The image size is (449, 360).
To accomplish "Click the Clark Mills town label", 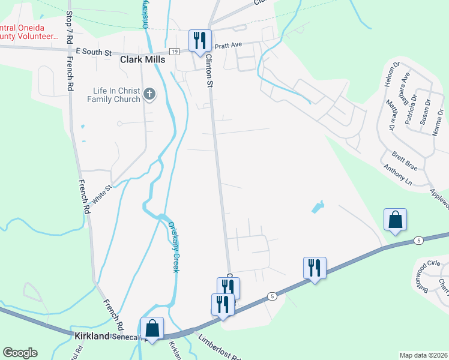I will click(x=143, y=60).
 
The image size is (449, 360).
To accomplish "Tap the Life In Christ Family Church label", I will click(x=112, y=95).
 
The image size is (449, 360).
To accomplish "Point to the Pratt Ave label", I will click(x=228, y=45).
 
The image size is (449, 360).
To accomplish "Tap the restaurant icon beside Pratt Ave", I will click(x=200, y=41).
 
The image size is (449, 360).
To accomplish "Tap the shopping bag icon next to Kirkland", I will click(x=152, y=328).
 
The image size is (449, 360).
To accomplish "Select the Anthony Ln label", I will click(x=399, y=175).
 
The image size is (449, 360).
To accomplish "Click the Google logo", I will click(x=20, y=353).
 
